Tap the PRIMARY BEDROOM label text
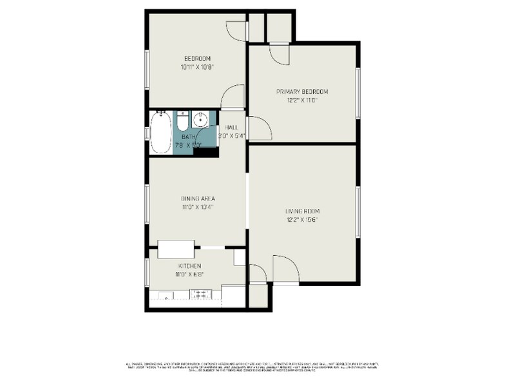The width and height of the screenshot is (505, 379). [x=302, y=92]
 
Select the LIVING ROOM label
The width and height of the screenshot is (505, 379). [x=302, y=211]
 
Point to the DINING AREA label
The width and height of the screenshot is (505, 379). [x=198, y=199]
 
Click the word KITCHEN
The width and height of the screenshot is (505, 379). [x=190, y=266]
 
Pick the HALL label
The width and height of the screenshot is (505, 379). [x=232, y=128]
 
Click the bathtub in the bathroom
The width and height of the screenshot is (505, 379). [x=160, y=133]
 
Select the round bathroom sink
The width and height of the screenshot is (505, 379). [x=202, y=119]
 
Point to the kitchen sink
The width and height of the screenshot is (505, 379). [x=166, y=296]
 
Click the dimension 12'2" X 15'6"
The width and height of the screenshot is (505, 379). [x=302, y=220]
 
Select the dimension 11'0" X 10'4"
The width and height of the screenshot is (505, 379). [x=198, y=207]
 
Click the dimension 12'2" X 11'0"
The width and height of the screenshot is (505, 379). [x=302, y=101]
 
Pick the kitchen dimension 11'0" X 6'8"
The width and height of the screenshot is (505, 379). [x=190, y=275]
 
